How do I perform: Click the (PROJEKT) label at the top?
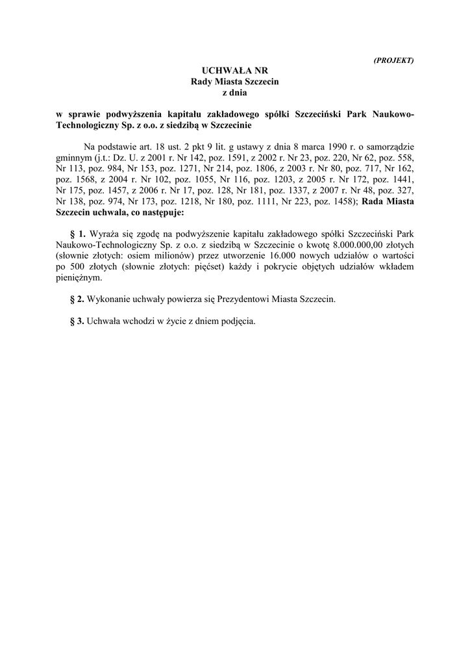394,60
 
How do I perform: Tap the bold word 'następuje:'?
162,212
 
